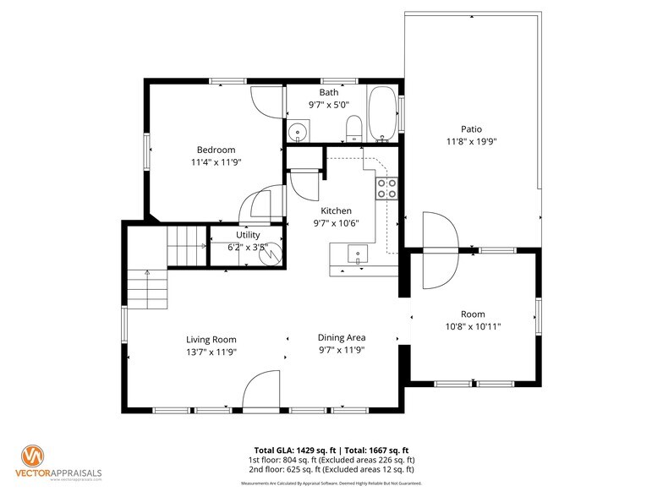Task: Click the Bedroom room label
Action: click(216, 150)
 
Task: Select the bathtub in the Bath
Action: click(382, 114)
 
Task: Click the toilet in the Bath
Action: click(355, 128)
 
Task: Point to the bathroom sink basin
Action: click(297, 132)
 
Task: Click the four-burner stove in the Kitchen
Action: click(387, 188)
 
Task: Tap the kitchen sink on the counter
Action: click(358, 253)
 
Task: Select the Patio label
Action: click(471, 129)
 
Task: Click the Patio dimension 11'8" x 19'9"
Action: click(471, 142)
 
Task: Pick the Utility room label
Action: click(248, 235)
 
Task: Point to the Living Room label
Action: click(211, 339)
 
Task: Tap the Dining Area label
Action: click(342, 338)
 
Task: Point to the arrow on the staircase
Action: click(147, 273)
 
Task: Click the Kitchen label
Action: click(336, 210)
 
